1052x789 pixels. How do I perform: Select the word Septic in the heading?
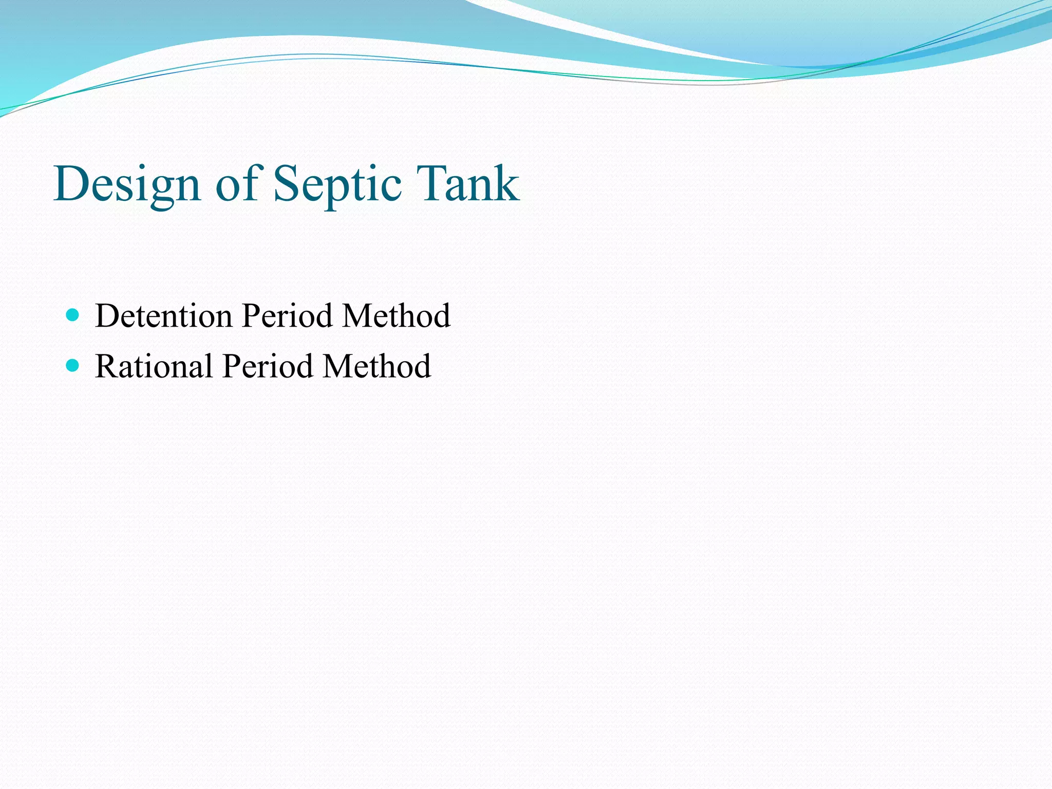coord(337,184)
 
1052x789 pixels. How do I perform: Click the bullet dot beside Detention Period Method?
coord(73,315)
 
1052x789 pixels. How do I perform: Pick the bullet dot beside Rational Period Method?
coord(73,366)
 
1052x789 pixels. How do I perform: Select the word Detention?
coord(164,315)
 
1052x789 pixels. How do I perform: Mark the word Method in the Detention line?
coord(397,315)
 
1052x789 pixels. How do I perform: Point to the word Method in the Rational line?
coord(377,366)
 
